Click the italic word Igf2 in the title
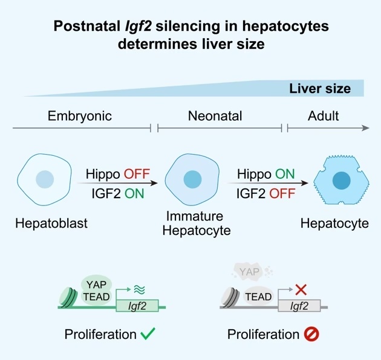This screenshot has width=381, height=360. coord(138,27)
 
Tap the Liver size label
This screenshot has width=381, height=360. coord(320,89)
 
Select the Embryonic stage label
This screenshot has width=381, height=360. coord(80,116)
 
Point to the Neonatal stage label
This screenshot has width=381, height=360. coord(215,116)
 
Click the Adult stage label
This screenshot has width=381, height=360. coord(323,116)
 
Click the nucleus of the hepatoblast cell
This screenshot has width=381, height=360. coord(45,179)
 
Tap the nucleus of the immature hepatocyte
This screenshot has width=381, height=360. coord(192,179)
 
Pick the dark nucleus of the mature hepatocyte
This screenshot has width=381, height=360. coord(342,181)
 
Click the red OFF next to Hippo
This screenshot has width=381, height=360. coord(137,174)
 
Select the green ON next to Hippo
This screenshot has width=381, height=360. coord(285,174)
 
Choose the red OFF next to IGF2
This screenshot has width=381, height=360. coord(282,194)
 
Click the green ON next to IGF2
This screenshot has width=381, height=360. coord(134,194)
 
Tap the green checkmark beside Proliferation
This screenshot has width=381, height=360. coord(148,333)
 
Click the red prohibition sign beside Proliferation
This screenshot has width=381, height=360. coord(311,334)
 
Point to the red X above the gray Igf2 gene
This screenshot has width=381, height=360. coord(301,289)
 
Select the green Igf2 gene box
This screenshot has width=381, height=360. coord(137,306)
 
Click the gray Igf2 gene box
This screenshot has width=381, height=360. coord(299,306)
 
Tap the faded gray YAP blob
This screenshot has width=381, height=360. coord(249,272)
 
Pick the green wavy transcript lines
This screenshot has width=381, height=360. coord(140,289)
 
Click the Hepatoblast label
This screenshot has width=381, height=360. coord(51,223)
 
